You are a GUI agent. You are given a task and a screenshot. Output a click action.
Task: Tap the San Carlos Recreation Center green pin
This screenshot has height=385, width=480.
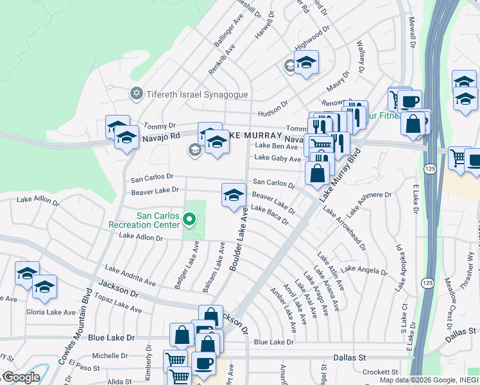(189, 220)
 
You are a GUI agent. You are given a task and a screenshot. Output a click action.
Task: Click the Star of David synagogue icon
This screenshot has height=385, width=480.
(135, 94)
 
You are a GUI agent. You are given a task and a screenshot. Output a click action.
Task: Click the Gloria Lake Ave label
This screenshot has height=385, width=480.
(51, 312)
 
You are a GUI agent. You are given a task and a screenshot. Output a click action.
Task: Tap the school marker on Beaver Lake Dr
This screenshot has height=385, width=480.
(234, 195)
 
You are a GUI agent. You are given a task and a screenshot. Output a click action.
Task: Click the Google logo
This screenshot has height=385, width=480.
(21, 377)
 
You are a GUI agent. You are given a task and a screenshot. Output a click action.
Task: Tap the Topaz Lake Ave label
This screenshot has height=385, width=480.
(117, 304)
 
